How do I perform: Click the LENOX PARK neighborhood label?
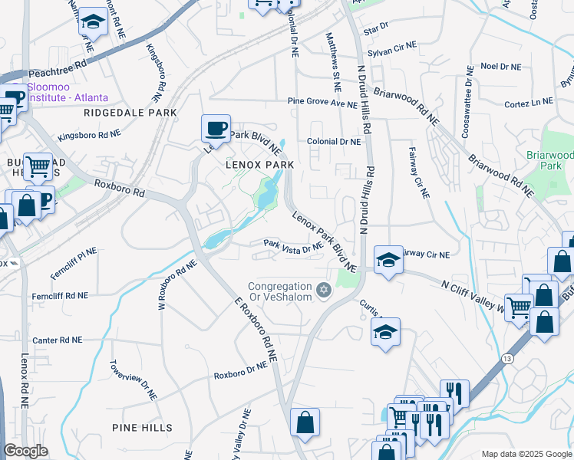tap(259, 165)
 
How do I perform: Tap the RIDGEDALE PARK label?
tap(130, 113)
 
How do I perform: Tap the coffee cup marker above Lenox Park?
tap(216, 128)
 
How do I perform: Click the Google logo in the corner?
tap(26, 451)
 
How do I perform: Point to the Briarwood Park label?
tap(549, 159)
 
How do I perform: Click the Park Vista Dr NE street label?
tap(292, 247)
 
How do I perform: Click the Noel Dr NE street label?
tap(500, 66)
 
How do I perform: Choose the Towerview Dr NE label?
tap(134, 380)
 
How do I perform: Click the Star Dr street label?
tap(376, 30)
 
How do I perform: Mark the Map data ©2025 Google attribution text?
tap(526, 453)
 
